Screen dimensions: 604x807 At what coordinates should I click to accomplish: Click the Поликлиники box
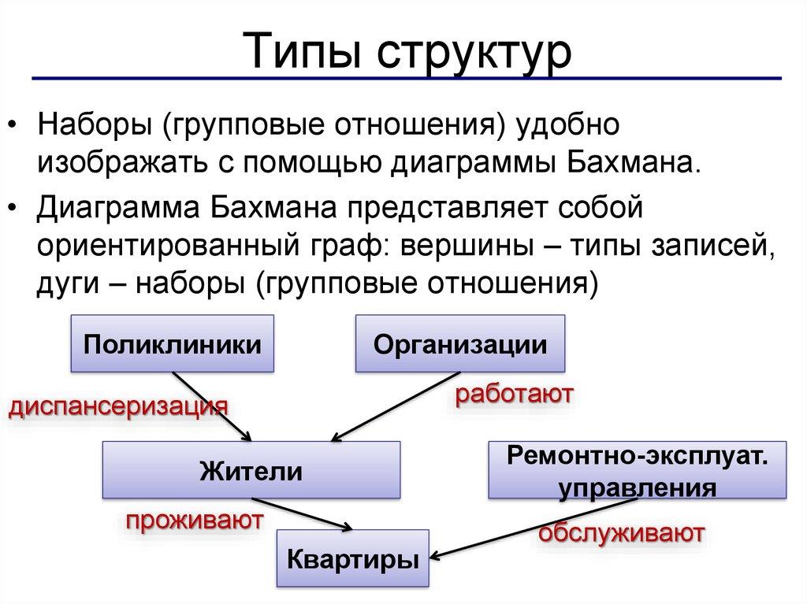coord(173,344)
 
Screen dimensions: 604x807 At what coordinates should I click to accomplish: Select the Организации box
coord(460,344)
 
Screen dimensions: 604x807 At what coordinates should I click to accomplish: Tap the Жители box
coord(251,471)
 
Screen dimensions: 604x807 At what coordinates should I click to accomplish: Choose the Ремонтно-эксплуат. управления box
coord(638,471)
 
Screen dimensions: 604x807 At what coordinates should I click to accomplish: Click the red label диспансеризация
coord(118,406)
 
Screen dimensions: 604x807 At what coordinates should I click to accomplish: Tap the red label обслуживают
coord(621,532)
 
